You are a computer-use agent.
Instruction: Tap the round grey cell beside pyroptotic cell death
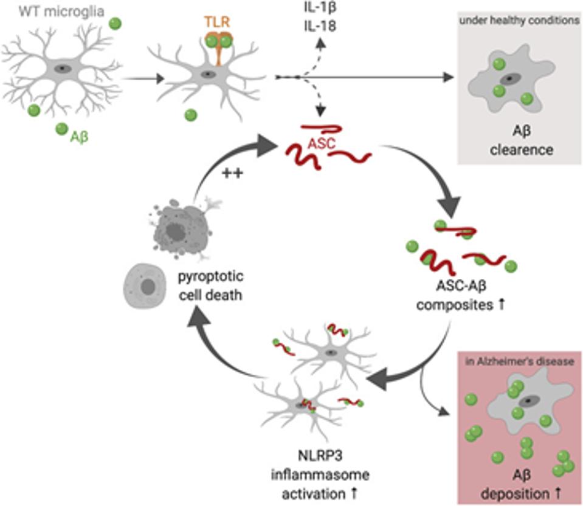click(x=145, y=285)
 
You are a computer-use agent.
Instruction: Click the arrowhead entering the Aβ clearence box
click(x=451, y=78)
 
